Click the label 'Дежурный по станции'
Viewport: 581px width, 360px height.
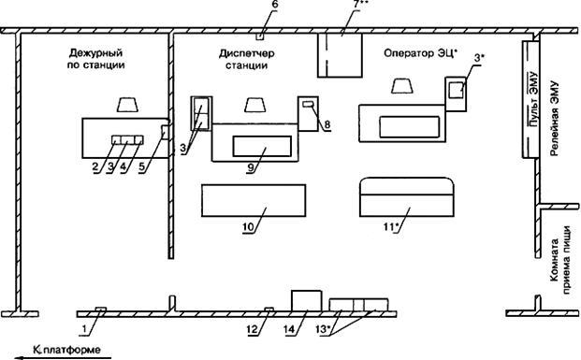pos(95,59)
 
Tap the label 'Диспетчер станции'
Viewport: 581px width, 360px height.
pos(246,59)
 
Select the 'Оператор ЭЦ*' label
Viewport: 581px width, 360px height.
pos(421,53)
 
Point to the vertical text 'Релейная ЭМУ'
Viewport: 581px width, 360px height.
pos(554,119)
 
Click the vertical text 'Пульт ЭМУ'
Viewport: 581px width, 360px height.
pos(533,99)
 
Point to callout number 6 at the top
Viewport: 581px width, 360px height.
pos(274,6)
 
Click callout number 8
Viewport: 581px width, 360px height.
pos(327,124)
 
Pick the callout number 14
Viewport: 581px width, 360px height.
pos(290,329)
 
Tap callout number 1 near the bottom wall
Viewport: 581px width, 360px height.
pos(85,328)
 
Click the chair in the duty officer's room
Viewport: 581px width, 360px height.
pos(127,105)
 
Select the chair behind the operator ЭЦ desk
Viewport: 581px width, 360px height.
pos(402,86)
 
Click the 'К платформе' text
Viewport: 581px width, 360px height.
pos(66,350)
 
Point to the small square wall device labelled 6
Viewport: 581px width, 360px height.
pos(260,36)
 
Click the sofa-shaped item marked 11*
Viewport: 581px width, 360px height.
pos(407,197)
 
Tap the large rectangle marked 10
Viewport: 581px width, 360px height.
pos(254,200)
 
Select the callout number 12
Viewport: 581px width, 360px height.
pos(253,329)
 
